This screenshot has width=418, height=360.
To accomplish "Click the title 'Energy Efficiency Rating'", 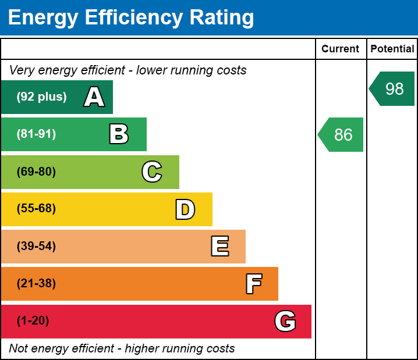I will point(131,18).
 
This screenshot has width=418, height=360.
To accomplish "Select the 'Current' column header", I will point(341,49).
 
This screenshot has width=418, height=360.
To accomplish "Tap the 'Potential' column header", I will point(392,49).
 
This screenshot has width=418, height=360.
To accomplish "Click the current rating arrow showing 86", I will point(342,135).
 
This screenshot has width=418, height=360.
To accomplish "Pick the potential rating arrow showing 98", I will point(393,89).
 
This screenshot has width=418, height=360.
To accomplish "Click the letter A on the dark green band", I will point(94,97).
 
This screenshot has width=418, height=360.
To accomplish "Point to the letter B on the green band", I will point(119,134).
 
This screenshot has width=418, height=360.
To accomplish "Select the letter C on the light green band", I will point(152,172).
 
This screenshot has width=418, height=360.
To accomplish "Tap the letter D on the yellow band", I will point(185,209).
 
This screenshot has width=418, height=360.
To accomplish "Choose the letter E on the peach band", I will point(219,247).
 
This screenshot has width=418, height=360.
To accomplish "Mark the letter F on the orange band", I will point(253,284).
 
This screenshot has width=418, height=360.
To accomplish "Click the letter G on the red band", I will point(285,321).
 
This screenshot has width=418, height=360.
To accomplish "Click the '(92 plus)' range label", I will point(41,97).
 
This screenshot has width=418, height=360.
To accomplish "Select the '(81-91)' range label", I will point(36,134).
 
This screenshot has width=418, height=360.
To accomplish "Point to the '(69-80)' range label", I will point(36,172).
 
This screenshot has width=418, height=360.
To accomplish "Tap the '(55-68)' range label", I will point(36,209).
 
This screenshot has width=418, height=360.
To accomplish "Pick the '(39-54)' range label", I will point(36,247).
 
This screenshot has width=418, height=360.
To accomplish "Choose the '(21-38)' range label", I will point(36,284).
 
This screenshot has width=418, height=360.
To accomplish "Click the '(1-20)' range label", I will point(33,321).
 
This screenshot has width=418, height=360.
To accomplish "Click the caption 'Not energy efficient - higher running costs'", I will point(122,349).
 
